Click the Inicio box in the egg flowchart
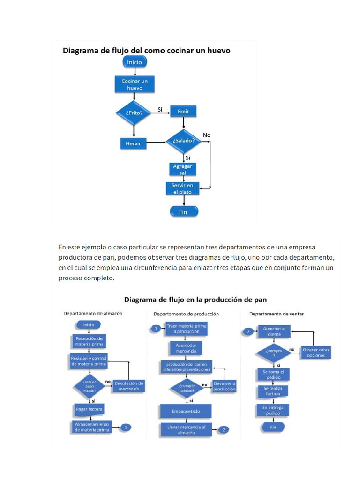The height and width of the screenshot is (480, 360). click(x=135, y=62)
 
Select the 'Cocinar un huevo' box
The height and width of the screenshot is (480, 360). click(x=135, y=84)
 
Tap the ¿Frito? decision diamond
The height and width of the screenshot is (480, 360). click(x=134, y=112)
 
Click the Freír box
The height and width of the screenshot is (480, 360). click(x=183, y=111)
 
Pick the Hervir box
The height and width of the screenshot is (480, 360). click(x=134, y=143)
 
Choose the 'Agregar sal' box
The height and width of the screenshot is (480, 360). click(x=182, y=169)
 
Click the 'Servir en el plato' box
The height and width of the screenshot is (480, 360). click(x=182, y=188)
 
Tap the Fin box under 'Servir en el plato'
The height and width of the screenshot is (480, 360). click(x=183, y=212)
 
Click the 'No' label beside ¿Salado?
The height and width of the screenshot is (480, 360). click(x=207, y=135)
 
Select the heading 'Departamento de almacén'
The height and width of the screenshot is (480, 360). click(x=93, y=314)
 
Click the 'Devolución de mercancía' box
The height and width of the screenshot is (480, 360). click(x=128, y=386)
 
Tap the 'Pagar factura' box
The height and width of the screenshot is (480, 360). click(x=89, y=409)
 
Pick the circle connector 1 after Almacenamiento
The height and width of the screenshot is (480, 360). click(x=126, y=427)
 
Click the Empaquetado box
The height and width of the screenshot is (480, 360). click(x=186, y=411)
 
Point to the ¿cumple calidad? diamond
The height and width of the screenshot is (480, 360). click(x=187, y=389)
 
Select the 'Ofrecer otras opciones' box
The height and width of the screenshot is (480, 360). click(x=316, y=352)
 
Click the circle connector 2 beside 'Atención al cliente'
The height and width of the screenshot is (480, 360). click(x=248, y=331)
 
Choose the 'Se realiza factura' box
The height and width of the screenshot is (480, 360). click(x=273, y=391)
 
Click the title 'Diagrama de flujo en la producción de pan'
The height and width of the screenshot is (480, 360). click(x=195, y=299)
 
